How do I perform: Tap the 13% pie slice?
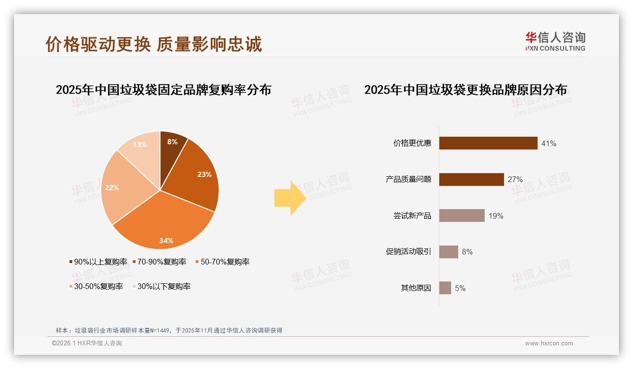tap(142, 151)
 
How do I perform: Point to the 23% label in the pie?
tap(205, 175)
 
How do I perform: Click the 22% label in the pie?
tap(112, 188)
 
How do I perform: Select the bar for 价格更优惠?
tap(488, 143)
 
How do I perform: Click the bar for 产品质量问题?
tap(471, 179)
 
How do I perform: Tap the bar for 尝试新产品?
tap(462, 216)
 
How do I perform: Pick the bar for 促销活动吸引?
tap(448, 252)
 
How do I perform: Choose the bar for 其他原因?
tap(445, 288)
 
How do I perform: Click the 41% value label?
tap(548, 143)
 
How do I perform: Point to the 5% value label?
tap(460, 288)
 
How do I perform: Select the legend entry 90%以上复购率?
tap(98, 262)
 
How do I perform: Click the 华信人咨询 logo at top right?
tap(555, 41)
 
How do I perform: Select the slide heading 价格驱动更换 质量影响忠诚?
tap(154, 44)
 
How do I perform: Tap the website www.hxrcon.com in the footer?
tap(549, 343)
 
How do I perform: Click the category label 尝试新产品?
tap(412, 216)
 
